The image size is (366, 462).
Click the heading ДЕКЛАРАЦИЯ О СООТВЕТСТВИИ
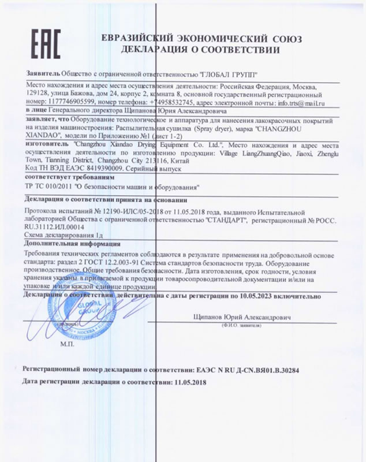(199, 50)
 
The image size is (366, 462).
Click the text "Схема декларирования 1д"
(65, 236)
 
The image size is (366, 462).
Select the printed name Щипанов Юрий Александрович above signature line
(243, 318)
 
